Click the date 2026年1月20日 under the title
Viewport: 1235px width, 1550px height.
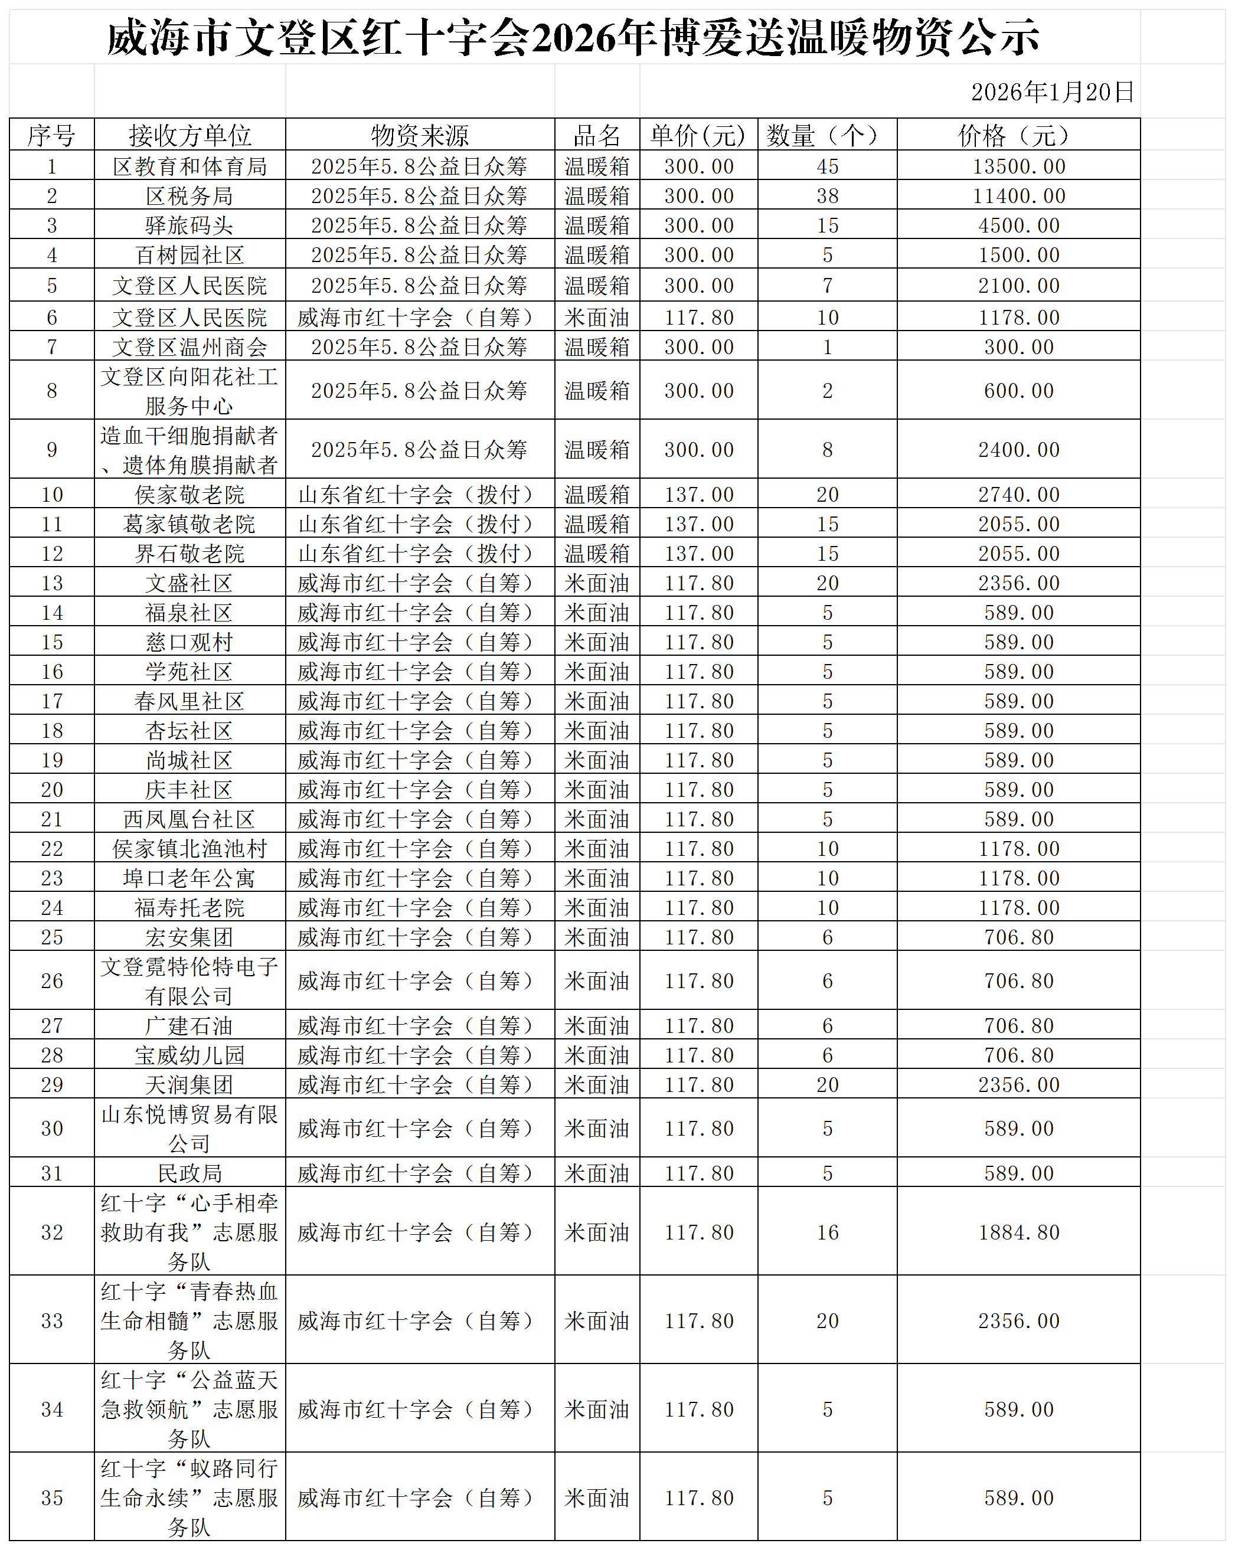click(1051, 92)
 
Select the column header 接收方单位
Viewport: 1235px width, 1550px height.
click(190, 135)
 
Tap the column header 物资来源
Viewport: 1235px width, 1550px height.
click(420, 135)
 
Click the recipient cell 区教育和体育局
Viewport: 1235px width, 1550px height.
click(190, 167)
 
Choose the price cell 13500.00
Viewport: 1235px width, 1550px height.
click(1018, 167)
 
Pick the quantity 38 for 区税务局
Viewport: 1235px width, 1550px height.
click(828, 197)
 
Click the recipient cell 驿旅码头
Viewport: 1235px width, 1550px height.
click(190, 225)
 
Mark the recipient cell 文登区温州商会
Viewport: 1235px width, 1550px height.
click(190, 347)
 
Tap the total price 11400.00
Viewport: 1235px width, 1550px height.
click(1018, 197)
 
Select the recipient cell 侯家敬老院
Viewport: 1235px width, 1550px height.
click(190, 495)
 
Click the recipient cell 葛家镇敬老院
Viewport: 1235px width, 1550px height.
click(190, 524)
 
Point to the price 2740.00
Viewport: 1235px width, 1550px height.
click(1018, 495)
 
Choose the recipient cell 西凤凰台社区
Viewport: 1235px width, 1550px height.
click(190, 820)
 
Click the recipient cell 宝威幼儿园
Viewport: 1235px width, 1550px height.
click(190, 1055)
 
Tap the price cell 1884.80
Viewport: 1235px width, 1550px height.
click(1018, 1232)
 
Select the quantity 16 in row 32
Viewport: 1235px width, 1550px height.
click(828, 1232)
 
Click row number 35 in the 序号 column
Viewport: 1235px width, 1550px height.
click(52, 1498)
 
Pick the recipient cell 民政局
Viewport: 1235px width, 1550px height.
click(190, 1173)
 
